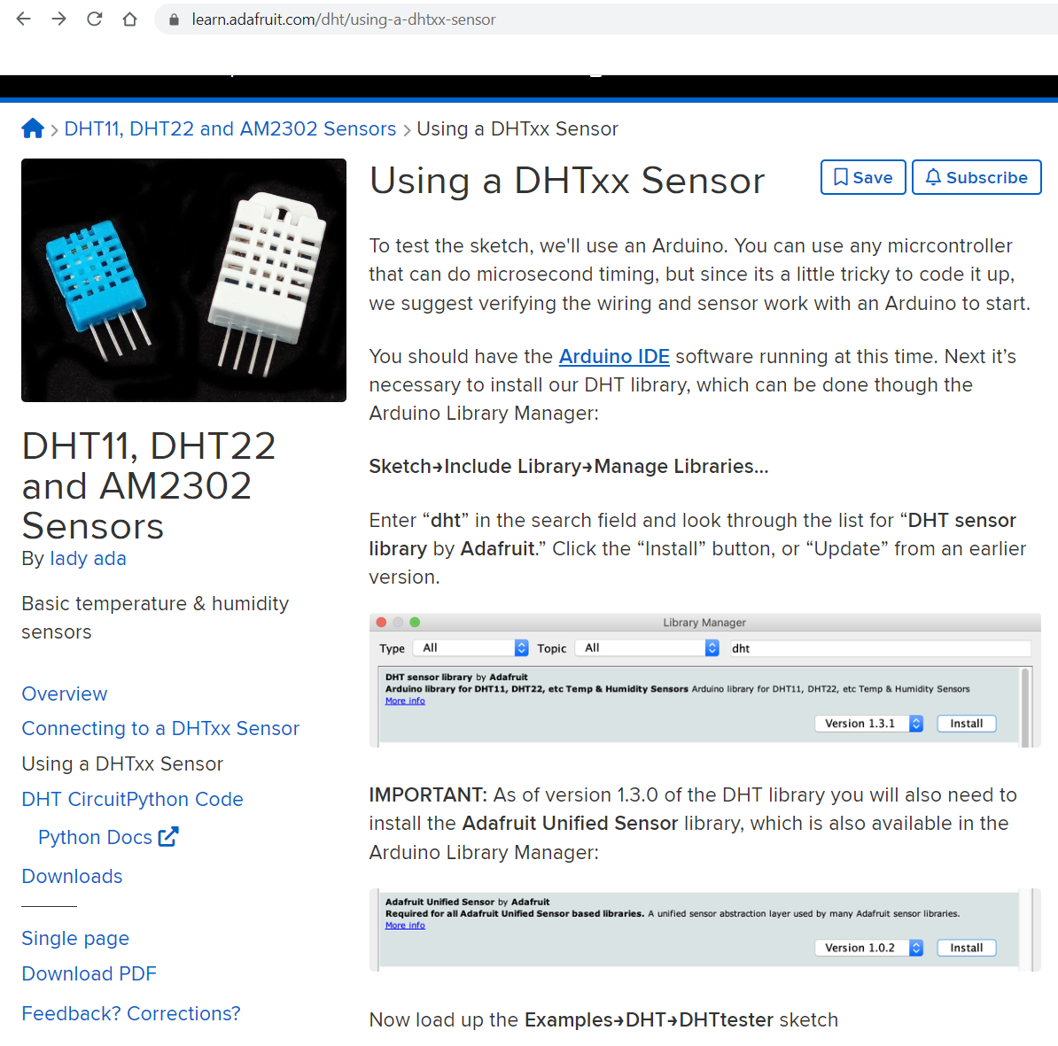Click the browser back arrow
click(24, 19)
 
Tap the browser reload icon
click(94, 19)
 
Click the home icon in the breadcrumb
click(33, 128)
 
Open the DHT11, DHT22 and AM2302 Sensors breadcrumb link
click(230, 128)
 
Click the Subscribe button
click(976, 177)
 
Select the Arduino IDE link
click(614, 356)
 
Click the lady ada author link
click(88, 558)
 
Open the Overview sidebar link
click(65, 693)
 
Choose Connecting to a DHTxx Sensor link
click(160, 728)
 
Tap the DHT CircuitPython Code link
click(132, 799)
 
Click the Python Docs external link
click(108, 837)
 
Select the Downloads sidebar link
click(72, 876)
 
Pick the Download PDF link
click(89, 973)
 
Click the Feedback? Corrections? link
click(131, 1013)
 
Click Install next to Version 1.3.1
click(966, 724)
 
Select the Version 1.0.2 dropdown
click(868, 948)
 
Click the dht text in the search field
click(741, 648)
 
